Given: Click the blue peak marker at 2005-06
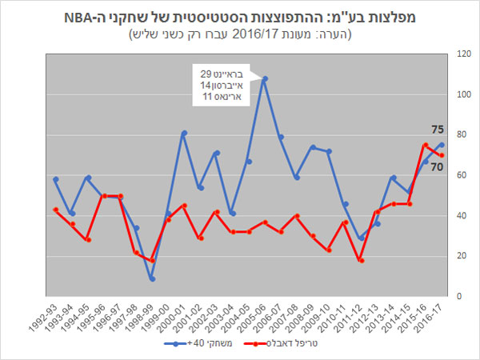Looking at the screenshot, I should [265, 79].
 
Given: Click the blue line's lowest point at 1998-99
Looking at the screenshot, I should [152, 278].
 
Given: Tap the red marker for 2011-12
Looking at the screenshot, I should [362, 260].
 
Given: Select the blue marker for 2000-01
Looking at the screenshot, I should [184, 133].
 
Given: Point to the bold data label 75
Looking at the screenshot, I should [438, 130].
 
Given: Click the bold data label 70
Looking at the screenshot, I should [438, 167].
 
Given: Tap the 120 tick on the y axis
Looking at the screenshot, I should [462, 54].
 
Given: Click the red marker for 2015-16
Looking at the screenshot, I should [426, 145].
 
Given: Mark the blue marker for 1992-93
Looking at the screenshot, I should [55, 179].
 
